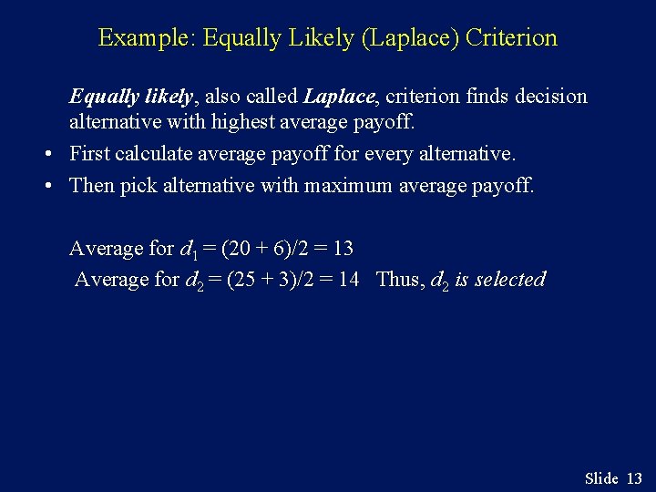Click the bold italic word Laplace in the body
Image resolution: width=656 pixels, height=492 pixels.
[x=339, y=97]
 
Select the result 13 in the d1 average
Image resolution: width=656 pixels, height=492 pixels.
[x=343, y=248]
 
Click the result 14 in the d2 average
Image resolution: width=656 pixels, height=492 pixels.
[x=348, y=280]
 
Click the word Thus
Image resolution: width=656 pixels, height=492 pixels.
[x=397, y=280]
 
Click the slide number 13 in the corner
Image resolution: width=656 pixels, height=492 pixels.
[x=635, y=478]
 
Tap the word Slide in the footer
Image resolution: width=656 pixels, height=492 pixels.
[x=601, y=478]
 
